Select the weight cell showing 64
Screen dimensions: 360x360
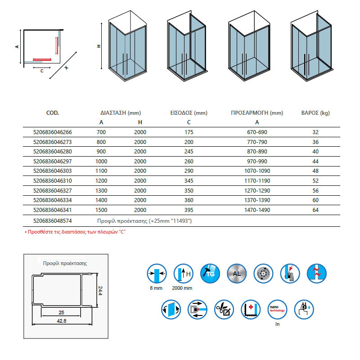coord(315,209)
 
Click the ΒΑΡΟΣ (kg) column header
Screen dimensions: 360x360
coord(315,113)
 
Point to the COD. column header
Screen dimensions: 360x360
coord(53,113)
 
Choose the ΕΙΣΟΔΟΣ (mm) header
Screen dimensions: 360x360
coord(189,113)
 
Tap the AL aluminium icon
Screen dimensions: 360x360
coord(236,272)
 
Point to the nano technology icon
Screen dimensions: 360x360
coord(276,310)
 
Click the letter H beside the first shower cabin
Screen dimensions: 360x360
coord(99,46)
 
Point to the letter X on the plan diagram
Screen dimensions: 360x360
coord(66,68)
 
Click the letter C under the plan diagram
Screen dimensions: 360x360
coord(41,71)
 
